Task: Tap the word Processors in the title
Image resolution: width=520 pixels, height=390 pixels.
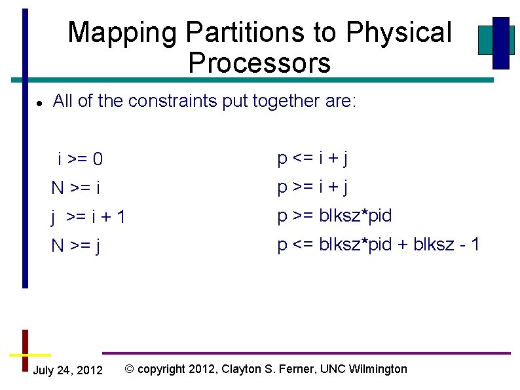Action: coord(259,64)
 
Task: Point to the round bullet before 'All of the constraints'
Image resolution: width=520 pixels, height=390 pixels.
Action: coord(39,103)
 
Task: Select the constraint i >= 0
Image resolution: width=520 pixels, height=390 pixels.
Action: coord(80,159)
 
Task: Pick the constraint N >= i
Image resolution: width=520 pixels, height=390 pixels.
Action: coord(76,189)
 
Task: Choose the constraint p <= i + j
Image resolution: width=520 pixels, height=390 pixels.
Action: coord(312,158)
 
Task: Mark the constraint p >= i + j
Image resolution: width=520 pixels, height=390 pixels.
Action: coord(312,187)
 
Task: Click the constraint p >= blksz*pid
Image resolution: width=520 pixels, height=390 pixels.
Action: coord(334,216)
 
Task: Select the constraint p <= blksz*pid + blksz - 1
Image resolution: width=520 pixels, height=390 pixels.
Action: coord(379,244)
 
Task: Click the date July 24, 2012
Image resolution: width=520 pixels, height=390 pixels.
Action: coord(67,371)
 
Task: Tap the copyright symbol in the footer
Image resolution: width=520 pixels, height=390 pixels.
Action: coord(130,369)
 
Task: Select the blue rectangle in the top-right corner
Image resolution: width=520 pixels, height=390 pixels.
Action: coord(501,43)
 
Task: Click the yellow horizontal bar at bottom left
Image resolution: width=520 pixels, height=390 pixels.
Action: coord(26,354)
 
